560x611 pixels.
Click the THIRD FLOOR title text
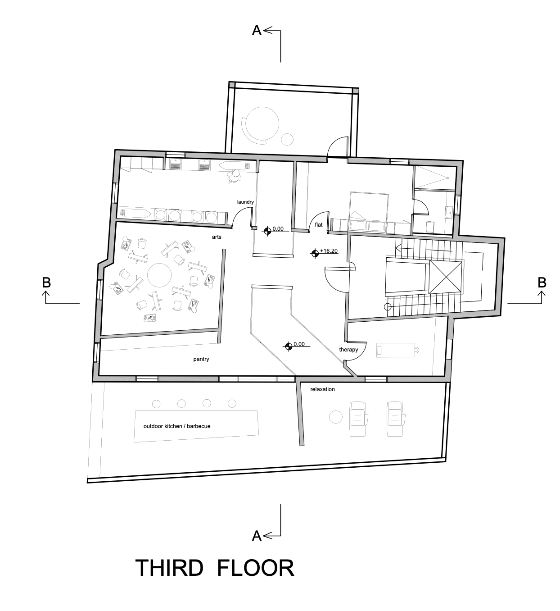coord(215,568)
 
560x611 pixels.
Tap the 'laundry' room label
coord(245,202)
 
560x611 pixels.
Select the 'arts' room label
coord(217,237)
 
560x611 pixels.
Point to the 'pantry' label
coord(201,359)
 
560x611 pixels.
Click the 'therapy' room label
coord(348,350)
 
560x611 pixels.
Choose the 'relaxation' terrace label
coord(322,389)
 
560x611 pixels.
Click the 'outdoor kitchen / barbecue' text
coord(177,426)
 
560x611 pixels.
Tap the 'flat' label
coord(319,224)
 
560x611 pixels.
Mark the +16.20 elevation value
coord(329,251)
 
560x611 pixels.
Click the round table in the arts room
coord(159,274)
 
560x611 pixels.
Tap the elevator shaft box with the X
coord(446,277)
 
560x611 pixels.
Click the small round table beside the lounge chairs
coord(336,417)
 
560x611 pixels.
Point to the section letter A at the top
coord(257,31)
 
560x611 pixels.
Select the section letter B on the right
coord(542,283)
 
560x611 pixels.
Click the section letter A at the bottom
coord(257,535)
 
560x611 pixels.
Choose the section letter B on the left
coord(46,283)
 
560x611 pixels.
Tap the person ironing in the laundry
coord(235,176)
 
